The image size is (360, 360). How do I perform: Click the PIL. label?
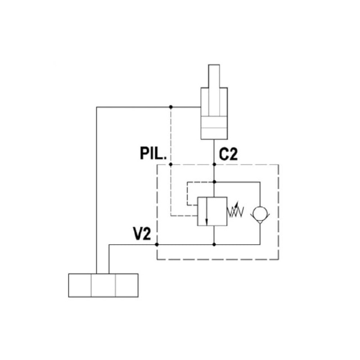[x=153, y=154]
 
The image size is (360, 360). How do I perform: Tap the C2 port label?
[x=228, y=154]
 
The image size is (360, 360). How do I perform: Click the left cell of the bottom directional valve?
[x=79, y=285]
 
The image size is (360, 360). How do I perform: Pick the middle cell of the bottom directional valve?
[x=103, y=285]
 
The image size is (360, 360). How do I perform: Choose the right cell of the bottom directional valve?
[x=127, y=285]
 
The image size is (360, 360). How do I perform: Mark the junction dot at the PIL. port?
[x=171, y=165]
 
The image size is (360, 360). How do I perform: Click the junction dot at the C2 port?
[x=215, y=165]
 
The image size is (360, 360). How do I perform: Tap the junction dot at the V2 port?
[x=156, y=245]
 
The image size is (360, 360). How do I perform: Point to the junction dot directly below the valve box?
[x=215, y=245]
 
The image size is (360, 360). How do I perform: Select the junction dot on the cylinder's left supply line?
[x=171, y=107]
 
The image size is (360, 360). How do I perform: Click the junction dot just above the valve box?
[x=215, y=182]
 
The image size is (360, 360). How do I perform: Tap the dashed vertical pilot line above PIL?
[x=171, y=135]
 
